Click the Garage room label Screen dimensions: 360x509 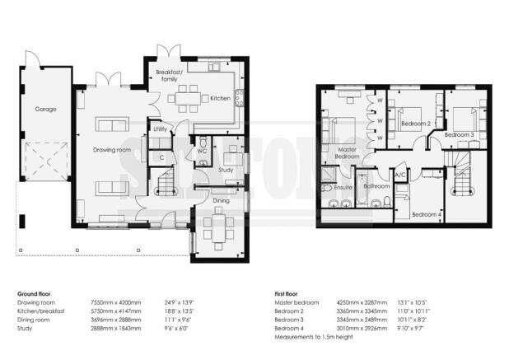(x=44, y=108)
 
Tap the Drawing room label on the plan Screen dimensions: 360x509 (x=111, y=150)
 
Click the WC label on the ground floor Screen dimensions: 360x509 (x=201, y=151)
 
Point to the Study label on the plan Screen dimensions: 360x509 (x=226, y=170)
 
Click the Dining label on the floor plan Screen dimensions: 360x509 (x=221, y=200)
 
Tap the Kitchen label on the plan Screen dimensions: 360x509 (x=220, y=98)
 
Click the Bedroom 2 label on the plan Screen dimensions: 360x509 (x=415, y=124)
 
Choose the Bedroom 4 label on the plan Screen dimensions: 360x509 (x=426, y=214)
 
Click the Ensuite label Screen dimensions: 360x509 (x=343, y=187)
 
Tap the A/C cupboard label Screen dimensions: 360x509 (x=400, y=175)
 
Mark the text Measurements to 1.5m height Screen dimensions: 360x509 (x=315, y=335)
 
